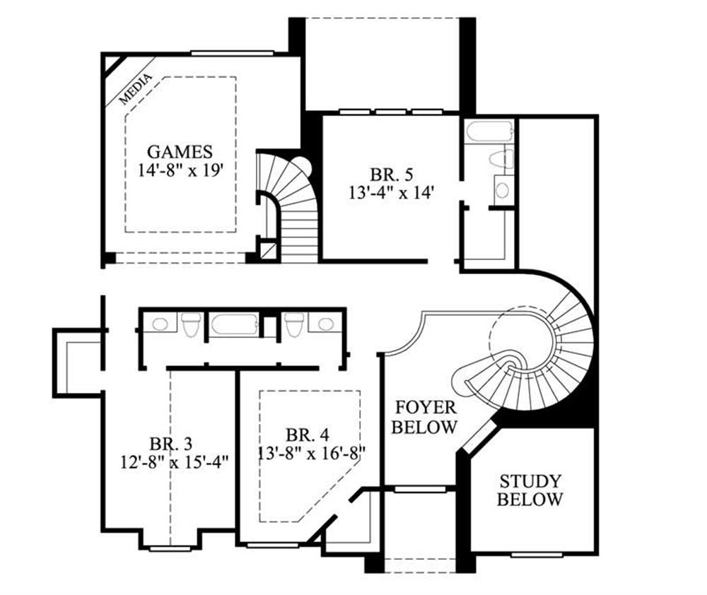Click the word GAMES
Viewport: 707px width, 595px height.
coord(180,151)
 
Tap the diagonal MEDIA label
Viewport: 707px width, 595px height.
coord(135,89)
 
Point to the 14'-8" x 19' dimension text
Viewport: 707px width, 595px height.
coord(180,170)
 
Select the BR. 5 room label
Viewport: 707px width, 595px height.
coord(392,174)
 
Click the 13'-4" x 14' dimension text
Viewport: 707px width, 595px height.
coord(392,192)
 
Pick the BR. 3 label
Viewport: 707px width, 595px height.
coord(171,444)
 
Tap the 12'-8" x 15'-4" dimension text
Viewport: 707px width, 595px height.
coord(175,462)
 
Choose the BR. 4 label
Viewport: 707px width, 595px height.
coord(308,435)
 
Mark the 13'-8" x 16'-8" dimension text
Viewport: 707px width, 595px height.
coord(311,453)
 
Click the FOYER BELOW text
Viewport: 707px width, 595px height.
coord(424,417)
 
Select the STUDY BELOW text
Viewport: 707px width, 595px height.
coord(530,490)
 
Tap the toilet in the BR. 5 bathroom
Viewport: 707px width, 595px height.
coord(501,160)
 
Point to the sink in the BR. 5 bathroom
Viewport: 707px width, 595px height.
coord(502,190)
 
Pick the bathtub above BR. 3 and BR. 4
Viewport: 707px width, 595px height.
coord(235,325)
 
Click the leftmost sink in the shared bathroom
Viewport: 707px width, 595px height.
coord(160,323)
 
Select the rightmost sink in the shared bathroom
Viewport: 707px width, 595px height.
coord(325,323)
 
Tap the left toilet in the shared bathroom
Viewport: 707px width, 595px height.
coord(191,324)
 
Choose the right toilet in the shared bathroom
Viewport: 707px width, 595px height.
coord(294,324)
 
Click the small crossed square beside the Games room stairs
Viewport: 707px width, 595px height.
coord(269,250)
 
